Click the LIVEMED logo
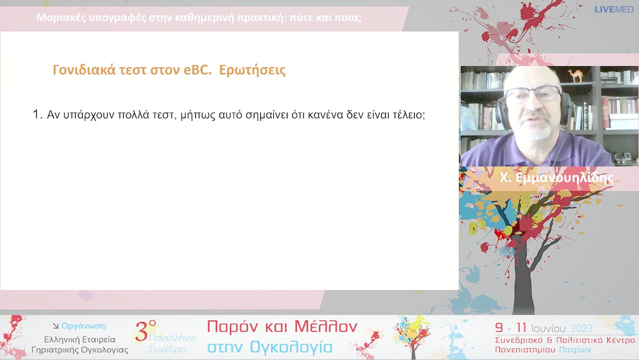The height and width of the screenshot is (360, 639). click(614, 9)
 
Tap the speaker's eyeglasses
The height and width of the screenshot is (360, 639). click(532, 95)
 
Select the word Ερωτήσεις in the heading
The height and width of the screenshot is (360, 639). click(253, 70)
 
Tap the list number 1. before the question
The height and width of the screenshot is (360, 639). click(37, 114)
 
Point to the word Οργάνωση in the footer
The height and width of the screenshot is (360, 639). click(84, 326)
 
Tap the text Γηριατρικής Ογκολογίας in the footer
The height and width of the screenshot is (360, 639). click(79, 350)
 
